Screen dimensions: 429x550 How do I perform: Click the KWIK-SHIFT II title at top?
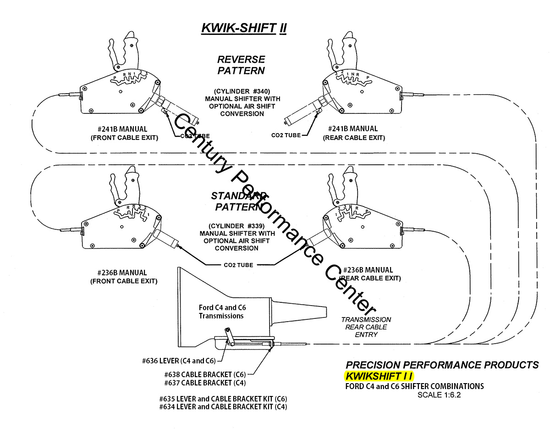(x=244, y=28)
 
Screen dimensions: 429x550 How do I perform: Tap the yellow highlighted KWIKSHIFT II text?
(x=379, y=376)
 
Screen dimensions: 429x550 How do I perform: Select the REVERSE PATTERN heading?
(x=241, y=65)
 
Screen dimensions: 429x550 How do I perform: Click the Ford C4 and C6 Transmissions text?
(x=221, y=312)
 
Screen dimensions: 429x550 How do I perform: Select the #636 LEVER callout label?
(x=179, y=361)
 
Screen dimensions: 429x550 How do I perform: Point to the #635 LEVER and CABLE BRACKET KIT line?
(x=223, y=398)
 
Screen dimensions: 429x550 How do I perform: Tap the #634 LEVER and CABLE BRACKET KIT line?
(x=223, y=407)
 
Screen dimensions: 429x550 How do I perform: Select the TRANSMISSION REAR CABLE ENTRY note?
(x=366, y=327)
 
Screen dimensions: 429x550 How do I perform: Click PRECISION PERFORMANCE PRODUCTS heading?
(x=442, y=365)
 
